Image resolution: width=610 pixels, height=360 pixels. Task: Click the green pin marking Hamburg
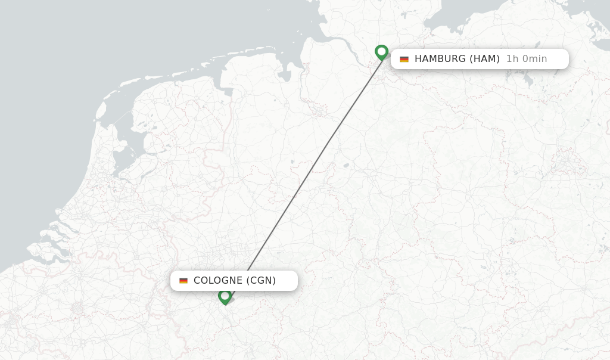[x=382, y=52]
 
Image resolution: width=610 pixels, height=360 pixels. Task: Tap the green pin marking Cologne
[x=225, y=296]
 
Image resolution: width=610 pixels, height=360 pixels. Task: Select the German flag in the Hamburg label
[x=404, y=59]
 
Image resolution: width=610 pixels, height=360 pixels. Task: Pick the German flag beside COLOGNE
[x=183, y=281]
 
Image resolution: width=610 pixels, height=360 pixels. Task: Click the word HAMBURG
[x=440, y=59]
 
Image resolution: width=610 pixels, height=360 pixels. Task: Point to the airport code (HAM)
[x=484, y=59]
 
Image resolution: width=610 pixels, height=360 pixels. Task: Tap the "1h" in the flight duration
[x=512, y=59]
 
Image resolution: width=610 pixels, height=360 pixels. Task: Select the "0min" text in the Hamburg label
[x=534, y=59]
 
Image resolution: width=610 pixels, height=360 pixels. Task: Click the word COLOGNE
[x=217, y=281]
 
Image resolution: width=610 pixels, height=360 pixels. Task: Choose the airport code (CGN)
[x=261, y=281]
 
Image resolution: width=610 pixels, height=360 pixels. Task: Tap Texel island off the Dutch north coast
[x=101, y=110]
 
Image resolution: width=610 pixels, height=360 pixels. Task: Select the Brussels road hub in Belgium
[x=77, y=308]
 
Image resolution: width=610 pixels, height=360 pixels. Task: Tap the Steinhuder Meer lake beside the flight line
[x=346, y=166]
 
